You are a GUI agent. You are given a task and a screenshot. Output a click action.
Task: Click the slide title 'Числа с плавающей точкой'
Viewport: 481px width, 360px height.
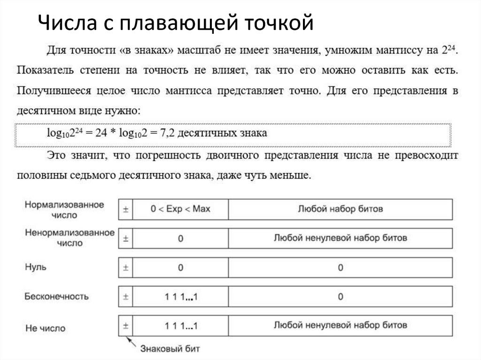(x=175, y=23)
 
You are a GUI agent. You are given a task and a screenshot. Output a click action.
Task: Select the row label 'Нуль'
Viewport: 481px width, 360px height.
(x=35, y=268)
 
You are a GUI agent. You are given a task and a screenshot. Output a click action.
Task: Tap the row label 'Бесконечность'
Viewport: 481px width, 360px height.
(x=56, y=297)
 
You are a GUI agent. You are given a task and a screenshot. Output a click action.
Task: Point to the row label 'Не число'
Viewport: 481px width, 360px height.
(x=45, y=328)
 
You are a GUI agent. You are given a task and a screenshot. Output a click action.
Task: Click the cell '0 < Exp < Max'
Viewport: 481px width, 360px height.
(x=180, y=209)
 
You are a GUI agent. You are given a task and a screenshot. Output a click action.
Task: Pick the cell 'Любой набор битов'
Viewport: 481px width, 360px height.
(x=340, y=209)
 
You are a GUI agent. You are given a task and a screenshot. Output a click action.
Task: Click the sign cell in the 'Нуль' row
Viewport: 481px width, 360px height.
(x=125, y=268)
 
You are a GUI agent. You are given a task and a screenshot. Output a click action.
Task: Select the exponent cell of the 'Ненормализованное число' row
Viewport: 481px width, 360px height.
(x=180, y=238)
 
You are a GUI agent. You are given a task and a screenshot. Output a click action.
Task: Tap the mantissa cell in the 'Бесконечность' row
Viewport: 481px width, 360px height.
(x=340, y=297)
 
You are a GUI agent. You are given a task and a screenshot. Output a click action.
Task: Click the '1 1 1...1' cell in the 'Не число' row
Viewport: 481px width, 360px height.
(x=180, y=325)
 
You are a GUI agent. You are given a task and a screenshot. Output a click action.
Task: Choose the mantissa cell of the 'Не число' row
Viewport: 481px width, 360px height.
(x=340, y=325)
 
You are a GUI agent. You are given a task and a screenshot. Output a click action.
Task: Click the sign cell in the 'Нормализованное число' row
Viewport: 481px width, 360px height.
(x=125, y=209)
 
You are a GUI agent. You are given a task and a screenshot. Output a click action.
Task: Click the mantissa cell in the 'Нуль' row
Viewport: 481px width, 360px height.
(x=340, y=268)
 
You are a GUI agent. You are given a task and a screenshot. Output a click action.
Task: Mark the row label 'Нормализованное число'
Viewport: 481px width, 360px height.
(x=64, y=210)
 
